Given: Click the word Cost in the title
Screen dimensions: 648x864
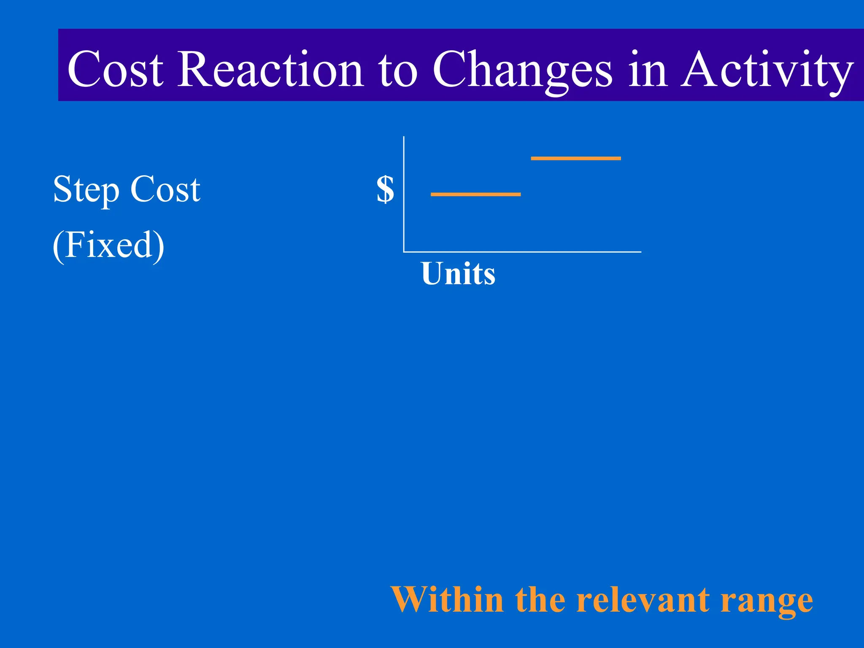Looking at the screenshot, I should coord(115,70).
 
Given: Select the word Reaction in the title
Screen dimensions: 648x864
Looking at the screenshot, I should coord(270,70).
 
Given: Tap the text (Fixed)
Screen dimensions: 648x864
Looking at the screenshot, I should coord(108,246).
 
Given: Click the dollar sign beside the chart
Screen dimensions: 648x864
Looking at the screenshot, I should coord(385,189).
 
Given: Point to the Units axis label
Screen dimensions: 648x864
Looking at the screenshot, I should coord(458,274).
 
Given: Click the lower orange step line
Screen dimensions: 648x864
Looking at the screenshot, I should coord(475,194).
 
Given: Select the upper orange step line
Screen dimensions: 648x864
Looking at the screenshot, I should coord(575,159).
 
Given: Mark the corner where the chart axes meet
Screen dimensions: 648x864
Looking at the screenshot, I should coord(404,252).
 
